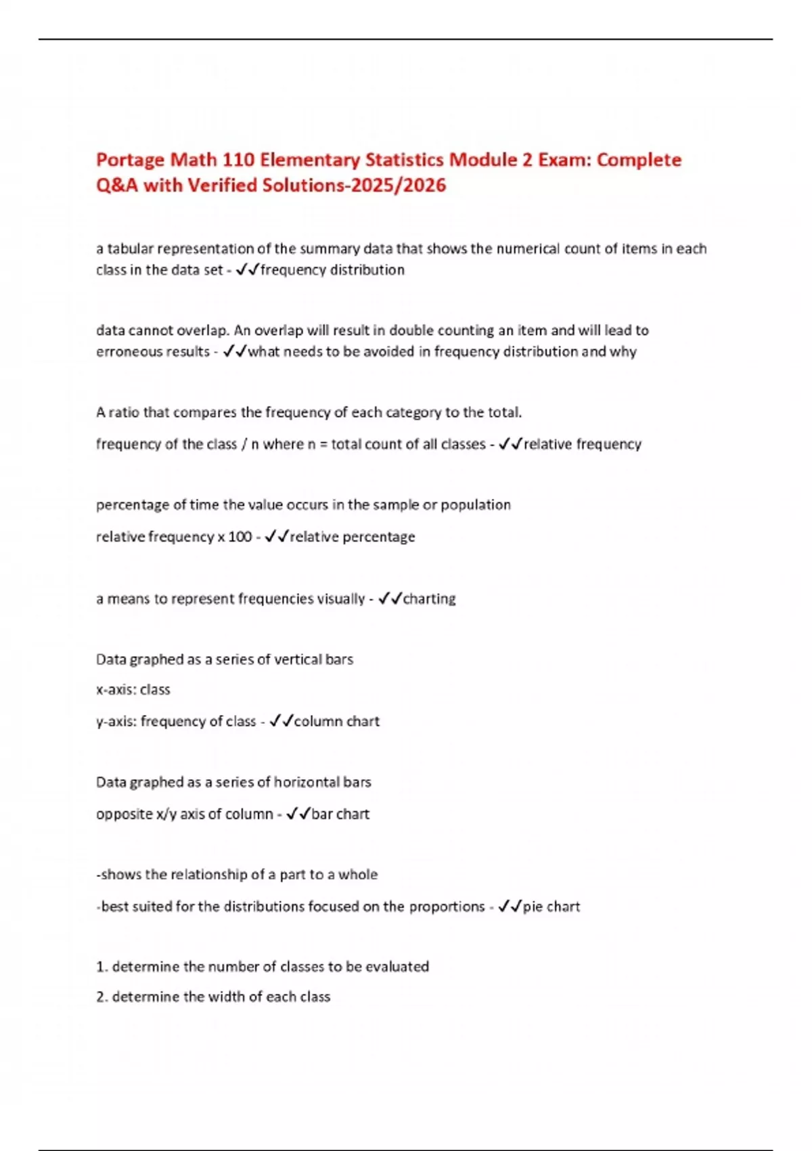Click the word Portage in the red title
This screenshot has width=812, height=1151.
tap(130, 160)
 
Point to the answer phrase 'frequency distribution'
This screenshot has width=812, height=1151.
tap(332, 269)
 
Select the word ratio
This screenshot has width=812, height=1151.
tap(124, 412)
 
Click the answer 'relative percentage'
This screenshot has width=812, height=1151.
tap(353, 537)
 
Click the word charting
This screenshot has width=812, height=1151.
tap(429, 599)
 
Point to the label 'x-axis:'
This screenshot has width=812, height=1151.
tap(116, 690)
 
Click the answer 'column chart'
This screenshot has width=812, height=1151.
tap(337, 722)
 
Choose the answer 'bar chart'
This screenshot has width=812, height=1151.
tap(340, 814)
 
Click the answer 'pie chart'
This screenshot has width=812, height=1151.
tap(551, 907)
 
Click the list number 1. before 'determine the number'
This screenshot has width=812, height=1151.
tap(101, 967)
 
